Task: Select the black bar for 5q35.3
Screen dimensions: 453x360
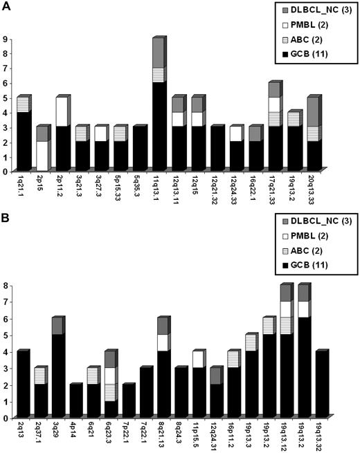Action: click(x=138, y=149)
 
